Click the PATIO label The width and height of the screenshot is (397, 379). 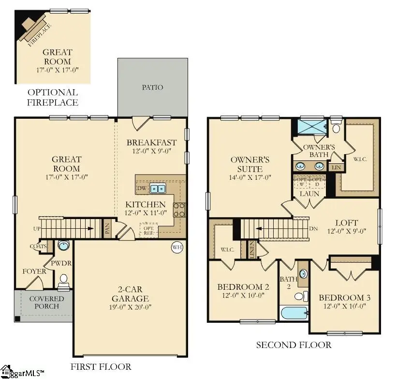pos(152,88)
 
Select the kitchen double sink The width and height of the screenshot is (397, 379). pos(157,189)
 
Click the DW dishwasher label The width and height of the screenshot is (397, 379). pos(142,188)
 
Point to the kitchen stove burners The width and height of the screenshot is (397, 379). pos(178,210)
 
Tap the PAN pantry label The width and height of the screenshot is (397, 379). pos(107,228)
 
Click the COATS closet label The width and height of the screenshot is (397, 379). pos(38,246)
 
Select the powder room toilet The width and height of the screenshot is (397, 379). pos(63,280)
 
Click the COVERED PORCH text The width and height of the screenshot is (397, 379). pos(46,302)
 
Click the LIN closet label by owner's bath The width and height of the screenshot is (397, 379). pos(334,168)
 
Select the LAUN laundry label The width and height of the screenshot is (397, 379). pos(309,193)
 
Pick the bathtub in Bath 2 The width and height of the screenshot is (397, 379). pos(294,314)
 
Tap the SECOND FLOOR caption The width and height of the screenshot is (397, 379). pos(294,345)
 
